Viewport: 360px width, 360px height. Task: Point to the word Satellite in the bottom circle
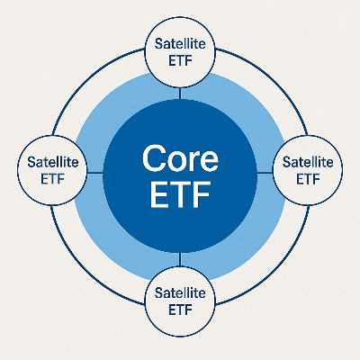click(x=181, y=292)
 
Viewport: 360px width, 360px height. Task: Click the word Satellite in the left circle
click(x=53, y=162)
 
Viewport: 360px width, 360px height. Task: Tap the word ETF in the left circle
click(x=53, y=178)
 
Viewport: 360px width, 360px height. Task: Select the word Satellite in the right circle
click(x=308, y=162)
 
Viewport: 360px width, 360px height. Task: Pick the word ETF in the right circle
click(x=308, y=178)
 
